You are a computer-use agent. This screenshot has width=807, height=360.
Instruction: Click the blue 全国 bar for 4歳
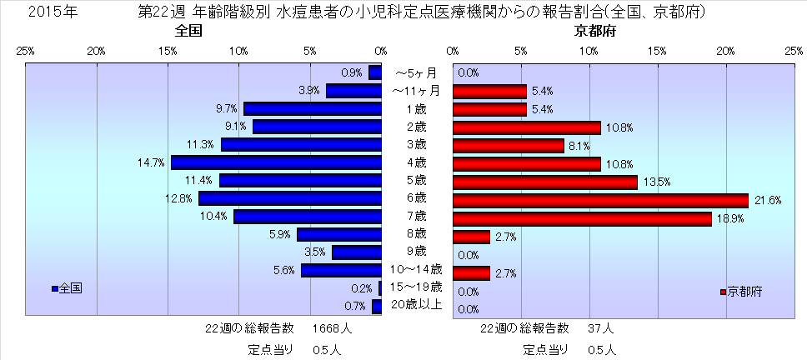pyautogui.click(x=276, y=162)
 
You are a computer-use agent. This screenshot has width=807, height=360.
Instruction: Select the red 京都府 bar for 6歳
pyautogui.click(x=600, y=200)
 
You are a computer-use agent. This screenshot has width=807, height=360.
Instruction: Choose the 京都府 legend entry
pyautogui.click(x=741, y=292)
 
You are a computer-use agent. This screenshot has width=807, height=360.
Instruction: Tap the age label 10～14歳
pyautogui.click(x=417, y=269)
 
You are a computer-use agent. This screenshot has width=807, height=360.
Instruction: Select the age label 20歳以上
pyautogui.click(x=417, y=304)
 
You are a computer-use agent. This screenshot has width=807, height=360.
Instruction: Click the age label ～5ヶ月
pyautogui.click(x=417, y=73)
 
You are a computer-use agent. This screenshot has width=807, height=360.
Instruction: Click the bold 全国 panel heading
pyautogui.click(x=189, y=32)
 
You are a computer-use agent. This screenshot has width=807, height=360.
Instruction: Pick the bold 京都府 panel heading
pyautogui.click(x=595, y=32)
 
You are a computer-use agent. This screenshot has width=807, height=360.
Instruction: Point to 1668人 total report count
pyautogui.click(x=332, y=328)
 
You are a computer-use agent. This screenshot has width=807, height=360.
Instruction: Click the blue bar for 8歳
pyautogui.click(x=338, y=234)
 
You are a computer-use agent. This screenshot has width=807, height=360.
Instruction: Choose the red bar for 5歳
pyautogui.click(x=544, y=182)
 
